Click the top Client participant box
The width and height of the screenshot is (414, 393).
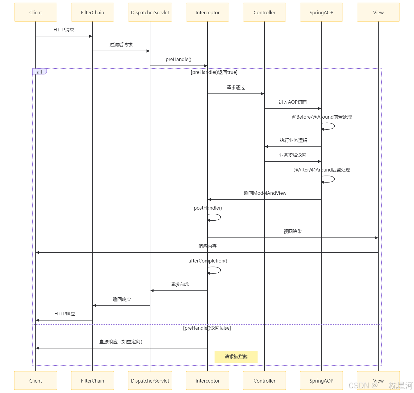point(35,12)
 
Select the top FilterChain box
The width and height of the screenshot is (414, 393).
point(92,12)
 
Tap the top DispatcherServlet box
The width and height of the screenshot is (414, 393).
point(150,12)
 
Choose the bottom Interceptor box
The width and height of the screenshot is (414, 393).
point(207,381)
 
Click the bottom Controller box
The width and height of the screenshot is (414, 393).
point(264,381)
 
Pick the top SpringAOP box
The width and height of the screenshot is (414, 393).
point(321,12)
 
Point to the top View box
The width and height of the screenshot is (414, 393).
point(378,12)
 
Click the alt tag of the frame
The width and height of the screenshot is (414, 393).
point(39,72)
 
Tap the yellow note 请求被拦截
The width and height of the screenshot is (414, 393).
point(236,357)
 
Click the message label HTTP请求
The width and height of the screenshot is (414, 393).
point(64,30)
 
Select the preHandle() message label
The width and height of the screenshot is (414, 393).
point(179,59)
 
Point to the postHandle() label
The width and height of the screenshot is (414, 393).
point(208,208)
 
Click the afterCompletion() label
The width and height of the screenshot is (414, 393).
point(208,261)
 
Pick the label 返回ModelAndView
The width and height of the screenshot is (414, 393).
point(265,193)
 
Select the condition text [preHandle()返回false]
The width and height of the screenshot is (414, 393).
point(207,328)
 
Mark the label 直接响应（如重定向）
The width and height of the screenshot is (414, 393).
point(121,342)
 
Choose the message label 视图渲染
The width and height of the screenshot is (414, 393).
point(293,231)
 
